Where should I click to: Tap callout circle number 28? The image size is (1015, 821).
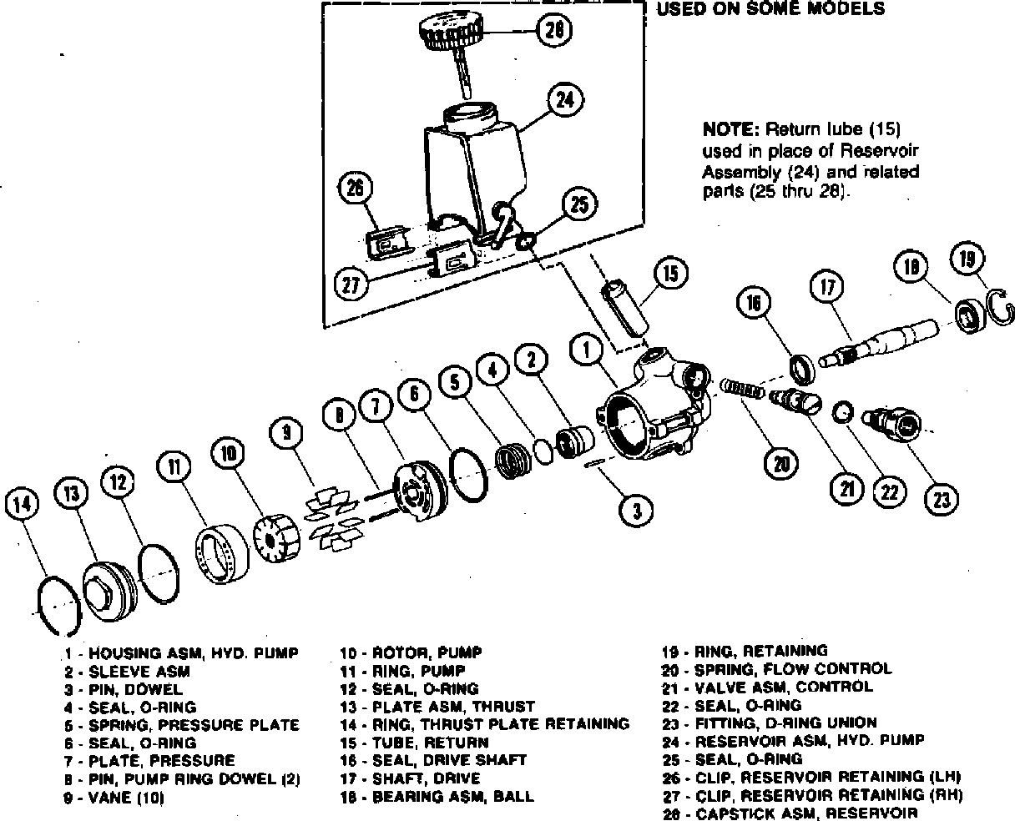553,31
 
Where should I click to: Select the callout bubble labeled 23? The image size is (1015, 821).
940,498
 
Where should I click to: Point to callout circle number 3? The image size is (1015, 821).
637,511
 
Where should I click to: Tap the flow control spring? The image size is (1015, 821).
742,388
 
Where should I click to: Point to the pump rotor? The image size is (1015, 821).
275,536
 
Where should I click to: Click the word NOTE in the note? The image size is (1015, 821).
729,129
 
